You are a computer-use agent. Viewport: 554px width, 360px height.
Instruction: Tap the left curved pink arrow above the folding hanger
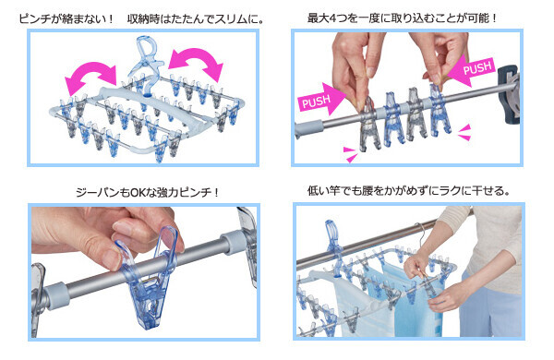point(91,77)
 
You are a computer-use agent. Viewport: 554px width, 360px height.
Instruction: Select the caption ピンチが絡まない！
point(66,18)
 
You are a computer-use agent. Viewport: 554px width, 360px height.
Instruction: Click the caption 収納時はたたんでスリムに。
point(195,18)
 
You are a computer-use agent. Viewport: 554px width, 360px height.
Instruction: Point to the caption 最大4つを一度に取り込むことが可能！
point(402,18)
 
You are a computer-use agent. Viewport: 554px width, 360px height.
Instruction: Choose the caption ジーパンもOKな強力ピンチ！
point(148,193)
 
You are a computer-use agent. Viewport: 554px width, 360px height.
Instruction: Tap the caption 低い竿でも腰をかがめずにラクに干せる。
point(408,191)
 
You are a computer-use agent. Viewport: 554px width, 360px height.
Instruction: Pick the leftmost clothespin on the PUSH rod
point(369,124)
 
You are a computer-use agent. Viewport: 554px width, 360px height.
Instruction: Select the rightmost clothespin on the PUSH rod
point(440,110)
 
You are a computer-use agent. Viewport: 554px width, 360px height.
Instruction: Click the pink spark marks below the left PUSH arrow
point(351,154)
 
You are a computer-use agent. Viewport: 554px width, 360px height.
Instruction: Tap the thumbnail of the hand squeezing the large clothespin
point(144,271)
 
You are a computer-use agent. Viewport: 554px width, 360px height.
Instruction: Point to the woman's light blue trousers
point(491,304)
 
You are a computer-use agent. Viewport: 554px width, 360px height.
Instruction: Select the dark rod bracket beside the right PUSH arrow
point(509,94)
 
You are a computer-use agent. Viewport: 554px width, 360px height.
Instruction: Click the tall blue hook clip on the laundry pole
point(334,247)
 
